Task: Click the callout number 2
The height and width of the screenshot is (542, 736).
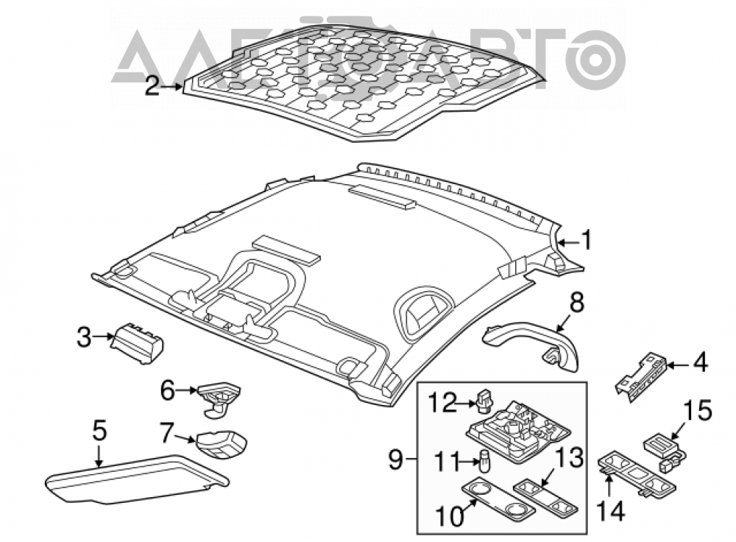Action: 152,86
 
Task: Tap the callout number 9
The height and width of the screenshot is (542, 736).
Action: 396,459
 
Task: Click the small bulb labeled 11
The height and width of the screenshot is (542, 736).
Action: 483,461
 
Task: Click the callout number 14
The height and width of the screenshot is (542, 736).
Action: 611,511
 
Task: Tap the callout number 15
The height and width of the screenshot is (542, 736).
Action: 698,410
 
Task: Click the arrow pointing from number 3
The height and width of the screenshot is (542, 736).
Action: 103,337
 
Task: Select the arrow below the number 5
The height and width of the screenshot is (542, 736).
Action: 99,456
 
